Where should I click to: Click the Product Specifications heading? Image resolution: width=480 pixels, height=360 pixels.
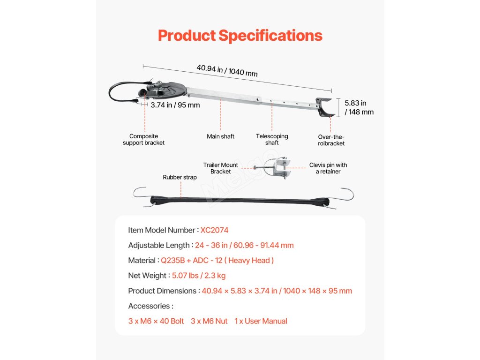click(x=240, y=36)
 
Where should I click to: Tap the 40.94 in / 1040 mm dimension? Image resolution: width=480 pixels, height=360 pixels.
click(x=227, y=70)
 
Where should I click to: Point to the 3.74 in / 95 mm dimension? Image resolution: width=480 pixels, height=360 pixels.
click(x=175, y=105)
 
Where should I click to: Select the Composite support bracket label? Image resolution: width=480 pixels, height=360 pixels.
click(x=144, y=140)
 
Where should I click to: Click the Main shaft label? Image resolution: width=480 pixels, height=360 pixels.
click(x=220, y=136)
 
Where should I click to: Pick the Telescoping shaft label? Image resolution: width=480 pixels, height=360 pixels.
click(x=272, y=140)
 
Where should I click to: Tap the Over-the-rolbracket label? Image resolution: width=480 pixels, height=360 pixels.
click(x=331, y=140)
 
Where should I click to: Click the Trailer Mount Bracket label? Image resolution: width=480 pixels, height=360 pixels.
click(x=220, y=168)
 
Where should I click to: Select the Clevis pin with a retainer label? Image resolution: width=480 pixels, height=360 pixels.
click(x=328, y=168)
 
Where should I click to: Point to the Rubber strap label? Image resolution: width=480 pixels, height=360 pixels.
click(x=180, y=177)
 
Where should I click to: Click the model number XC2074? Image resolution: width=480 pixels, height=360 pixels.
click(x=214, y=230)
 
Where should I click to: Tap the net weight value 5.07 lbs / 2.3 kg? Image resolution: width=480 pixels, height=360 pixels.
click(x=199, y=276)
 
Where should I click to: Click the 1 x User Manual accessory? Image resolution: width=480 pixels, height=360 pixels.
click(x=261, y=321)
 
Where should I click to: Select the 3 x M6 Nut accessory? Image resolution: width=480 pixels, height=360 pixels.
click(x=209, y=321)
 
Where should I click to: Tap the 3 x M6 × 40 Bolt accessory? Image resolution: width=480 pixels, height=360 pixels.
click(x=156, y=321)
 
